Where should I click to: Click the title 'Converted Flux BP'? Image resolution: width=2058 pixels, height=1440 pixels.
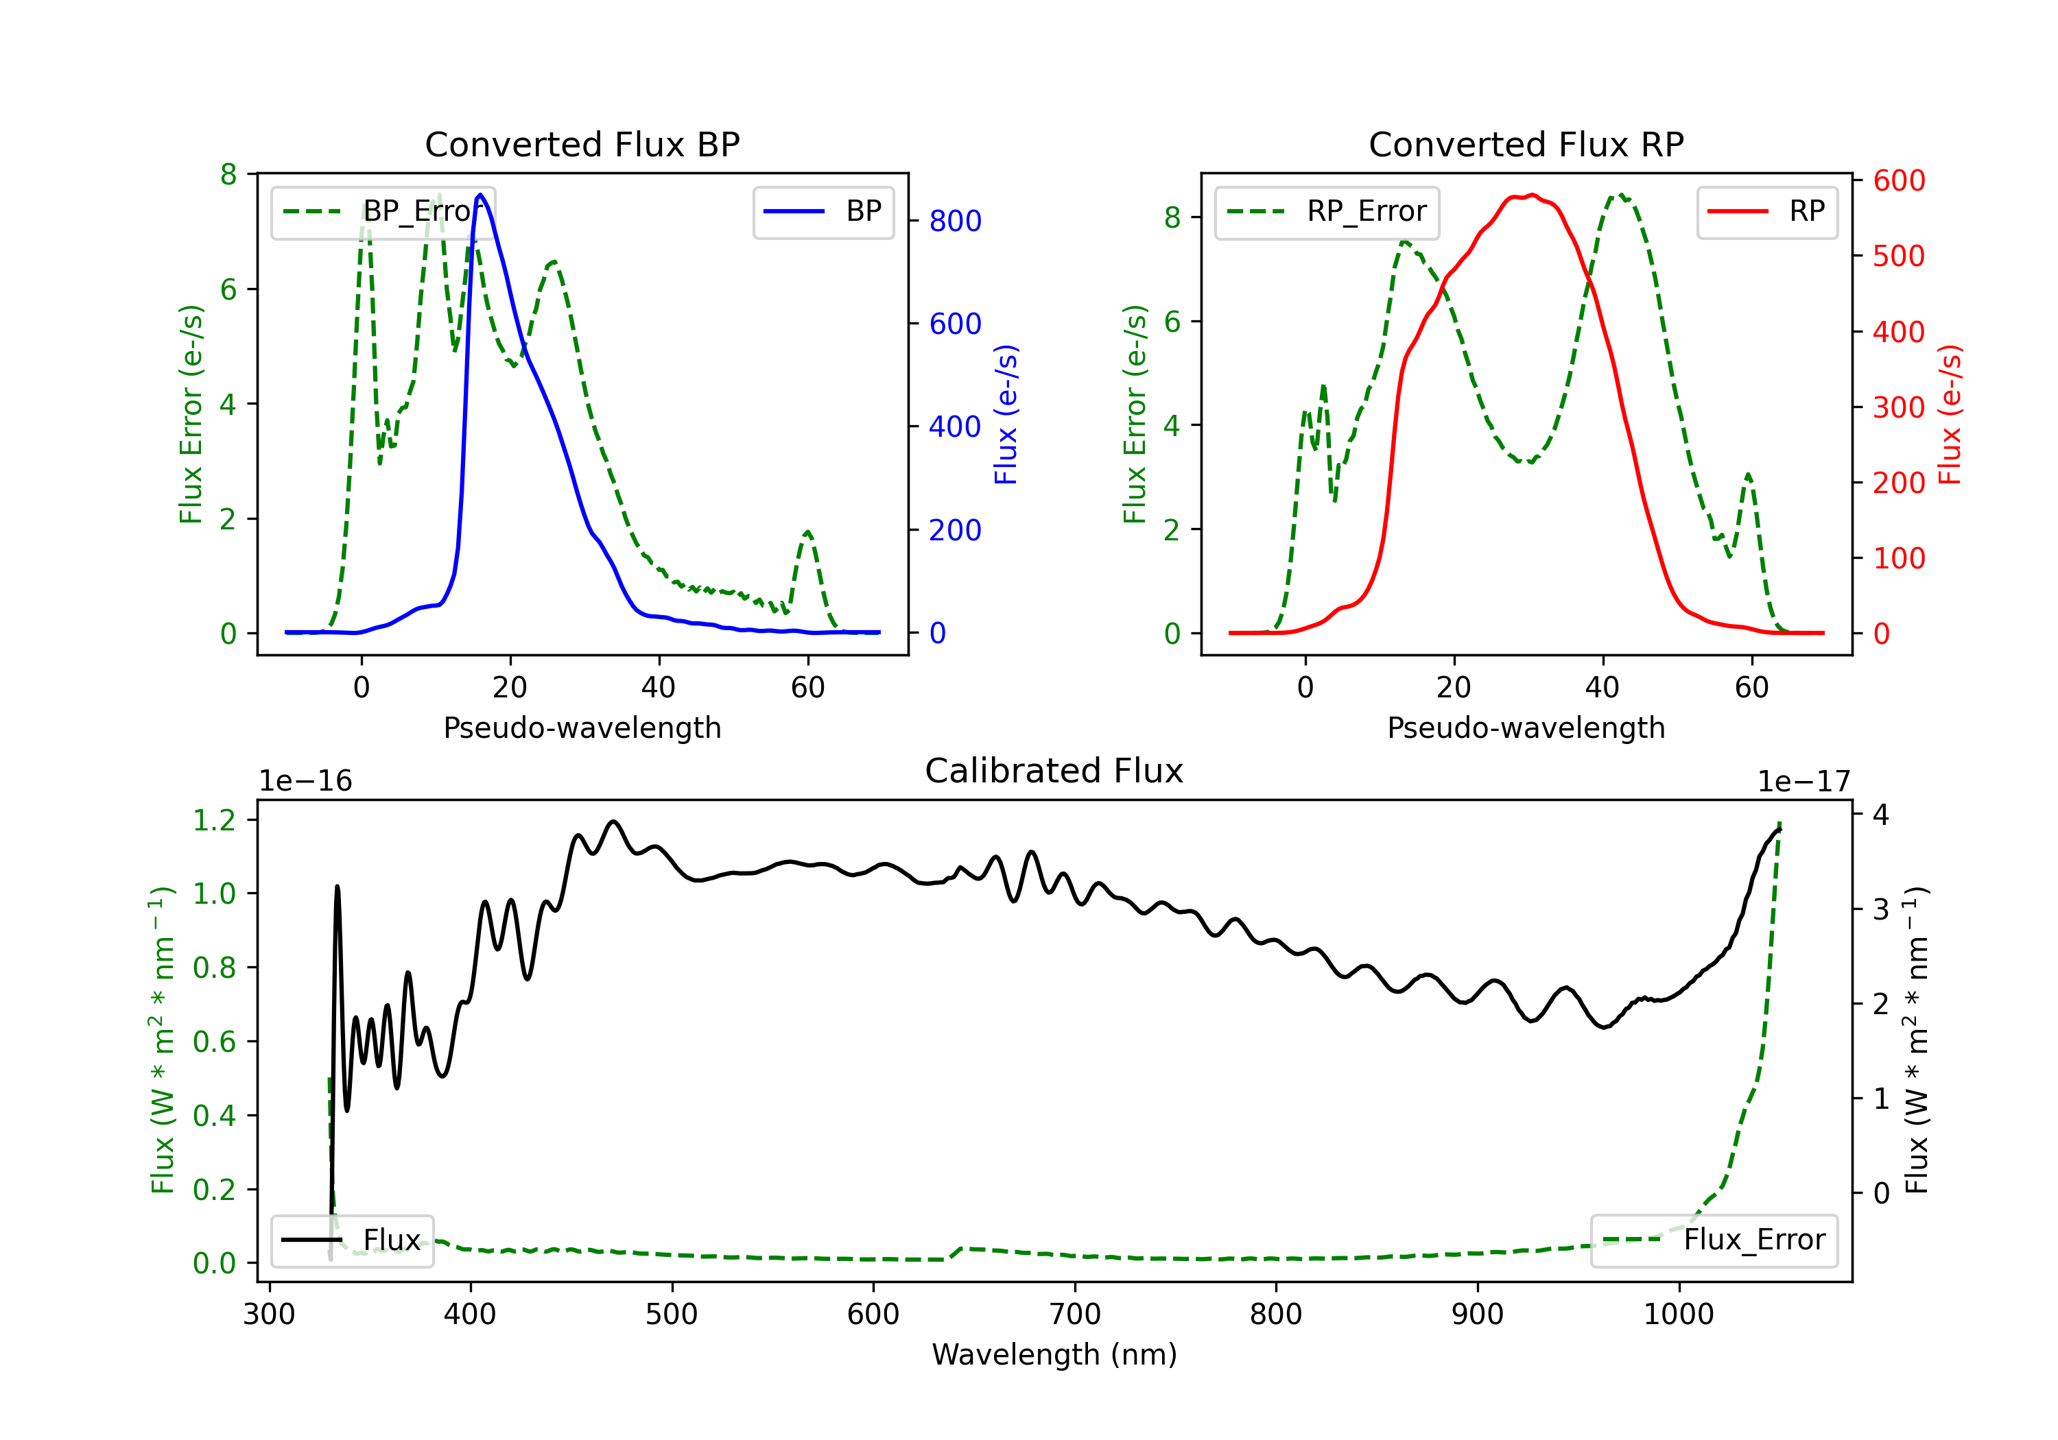tap(582, 144)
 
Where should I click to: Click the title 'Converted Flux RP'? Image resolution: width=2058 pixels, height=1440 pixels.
tap(1526, 144)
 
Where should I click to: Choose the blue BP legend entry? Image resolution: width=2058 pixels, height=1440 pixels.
tap(823, 211)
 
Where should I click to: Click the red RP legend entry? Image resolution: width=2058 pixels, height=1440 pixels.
tap(1766, 211)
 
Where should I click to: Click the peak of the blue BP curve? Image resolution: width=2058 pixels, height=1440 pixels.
tap(480, 195)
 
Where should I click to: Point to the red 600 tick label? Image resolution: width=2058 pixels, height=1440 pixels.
tap(1898, 180)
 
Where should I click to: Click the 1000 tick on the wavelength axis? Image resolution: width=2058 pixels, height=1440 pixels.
tap(1678, 1314)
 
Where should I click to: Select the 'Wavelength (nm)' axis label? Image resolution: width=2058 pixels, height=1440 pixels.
tap(1054, 1354)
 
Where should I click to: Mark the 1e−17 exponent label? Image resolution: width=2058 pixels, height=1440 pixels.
tap(1803, 782)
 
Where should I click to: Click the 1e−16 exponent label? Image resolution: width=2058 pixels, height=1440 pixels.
tap(306, 782)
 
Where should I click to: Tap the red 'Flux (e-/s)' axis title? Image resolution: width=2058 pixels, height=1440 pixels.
tap(1950, 414)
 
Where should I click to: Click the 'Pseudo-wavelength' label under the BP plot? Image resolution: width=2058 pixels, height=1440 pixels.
tap(582, 728)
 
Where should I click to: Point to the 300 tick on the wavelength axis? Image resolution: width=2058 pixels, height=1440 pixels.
tap(269, 1314)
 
